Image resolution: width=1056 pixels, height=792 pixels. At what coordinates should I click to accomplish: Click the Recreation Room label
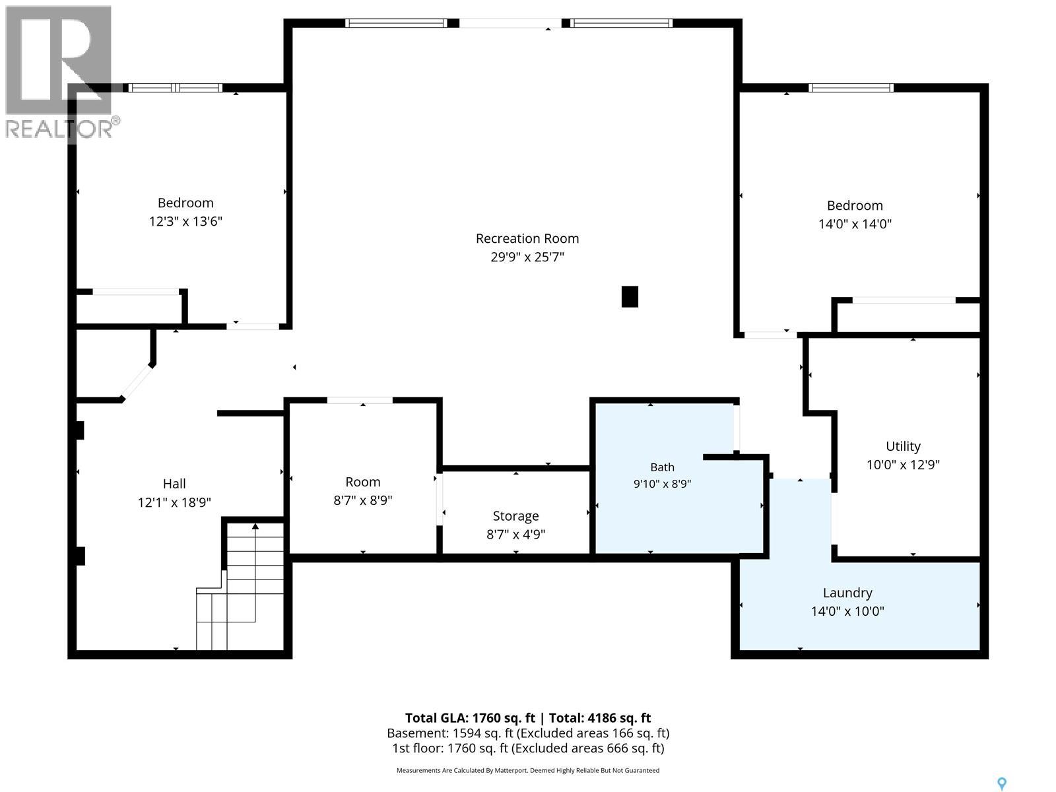pyautogui.click(x=527, y=238)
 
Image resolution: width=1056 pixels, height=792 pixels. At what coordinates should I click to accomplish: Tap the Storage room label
pyautogui.click(x=515, y=516)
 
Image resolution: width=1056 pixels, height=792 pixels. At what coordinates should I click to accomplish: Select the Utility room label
pyautogui.click(x=903, y=446)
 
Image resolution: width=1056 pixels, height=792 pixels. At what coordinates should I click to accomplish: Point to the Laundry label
pyautogui.click(x=847, y=593)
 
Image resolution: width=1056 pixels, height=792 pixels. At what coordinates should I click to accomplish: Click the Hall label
pyautogui.click(x=174, y=484)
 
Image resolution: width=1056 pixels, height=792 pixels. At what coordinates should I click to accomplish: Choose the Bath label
pyautogui.click(x=662, y=467)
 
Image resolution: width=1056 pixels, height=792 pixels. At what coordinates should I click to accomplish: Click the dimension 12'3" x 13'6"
pyautogui.click(x=185, y=221)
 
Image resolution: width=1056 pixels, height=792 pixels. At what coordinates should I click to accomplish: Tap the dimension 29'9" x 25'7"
pyautogui.click(x=527, y=257)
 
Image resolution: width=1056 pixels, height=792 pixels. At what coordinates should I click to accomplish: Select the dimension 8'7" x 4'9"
pyautogui.click(x=515, y=534)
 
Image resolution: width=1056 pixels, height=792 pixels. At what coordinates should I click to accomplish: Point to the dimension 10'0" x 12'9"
pyautogui.click(x=903, y=465)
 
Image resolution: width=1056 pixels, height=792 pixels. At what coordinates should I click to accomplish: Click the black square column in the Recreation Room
pyautogui.click(x=630, y=297)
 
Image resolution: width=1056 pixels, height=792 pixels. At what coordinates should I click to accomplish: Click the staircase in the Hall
pyautogui.click(x=240, y=586)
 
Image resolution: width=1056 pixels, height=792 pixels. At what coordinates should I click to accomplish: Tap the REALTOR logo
pyautogui.click(x=61, y=72)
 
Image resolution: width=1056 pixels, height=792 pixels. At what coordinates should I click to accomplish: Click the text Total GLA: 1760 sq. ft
pyautogui.click(x=469, y=718)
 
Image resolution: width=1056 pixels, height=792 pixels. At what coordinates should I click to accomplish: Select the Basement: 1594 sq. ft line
pyautogui.click(x=528, y=733)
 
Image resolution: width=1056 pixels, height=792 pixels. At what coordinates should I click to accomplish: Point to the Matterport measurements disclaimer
pyautogui.click(x=528, y=770)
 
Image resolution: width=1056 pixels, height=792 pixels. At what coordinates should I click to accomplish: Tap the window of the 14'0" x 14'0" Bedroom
pyautogui.click(x=851, y=88)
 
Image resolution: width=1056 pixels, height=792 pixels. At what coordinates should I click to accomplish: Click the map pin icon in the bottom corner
pyautogui.click(x=1002, y=770)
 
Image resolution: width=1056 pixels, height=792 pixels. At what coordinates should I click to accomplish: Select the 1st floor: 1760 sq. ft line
pyautogui.click(x=528, y=748)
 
